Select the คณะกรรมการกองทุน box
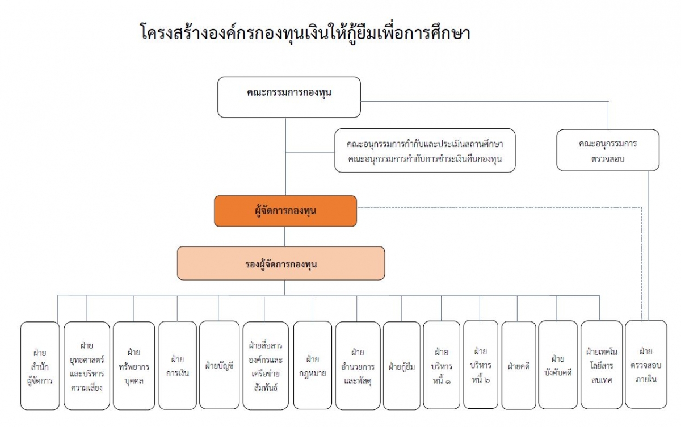point(289,97)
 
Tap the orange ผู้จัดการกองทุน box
point(285,211)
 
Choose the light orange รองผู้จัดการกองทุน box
point(281,263)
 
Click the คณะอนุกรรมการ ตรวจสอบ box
point(608,150)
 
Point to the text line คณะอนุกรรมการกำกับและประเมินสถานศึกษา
point(424,144)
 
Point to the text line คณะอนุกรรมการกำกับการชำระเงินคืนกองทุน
point(424,159)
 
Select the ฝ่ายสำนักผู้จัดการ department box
point(40,366)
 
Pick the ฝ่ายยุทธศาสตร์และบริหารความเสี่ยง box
point(87,366)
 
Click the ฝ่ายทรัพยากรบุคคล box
point(134,366)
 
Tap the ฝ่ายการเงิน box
point(178,365)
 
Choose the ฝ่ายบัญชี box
point(219,365)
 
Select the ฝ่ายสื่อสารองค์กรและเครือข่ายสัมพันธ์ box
point(266,366)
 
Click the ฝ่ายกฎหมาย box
point(313,365)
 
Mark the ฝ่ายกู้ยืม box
point(402,366)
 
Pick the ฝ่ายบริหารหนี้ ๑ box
point(442,365)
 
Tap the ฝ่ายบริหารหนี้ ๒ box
point(481,365)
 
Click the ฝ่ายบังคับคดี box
point(558,365)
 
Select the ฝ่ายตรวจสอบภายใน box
point(646,365)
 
